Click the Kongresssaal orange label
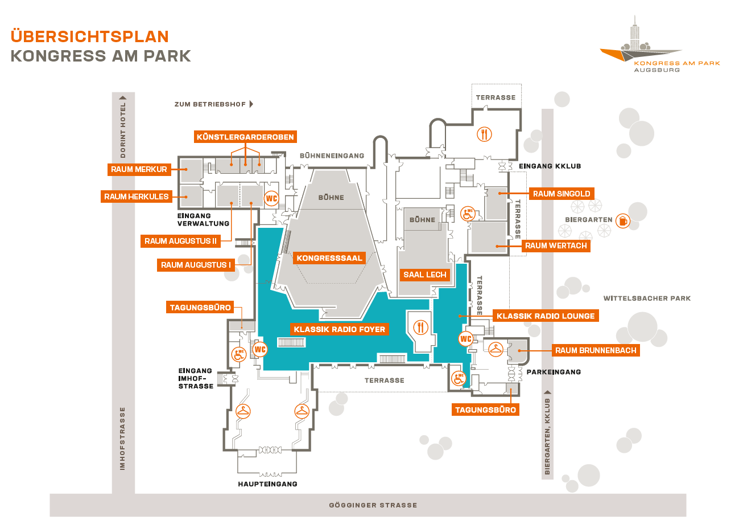coord(329,258)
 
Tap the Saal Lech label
coord(424,275)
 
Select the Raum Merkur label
coord(139,169)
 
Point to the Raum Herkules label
coord(137,197)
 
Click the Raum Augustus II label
coord(180,241)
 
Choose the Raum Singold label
coord(561,194)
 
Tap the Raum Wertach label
coord(556,245)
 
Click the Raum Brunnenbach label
coord(596,350)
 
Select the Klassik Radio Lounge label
coord(545,316)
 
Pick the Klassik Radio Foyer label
coord(339,329)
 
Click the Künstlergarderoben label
coord(245,137)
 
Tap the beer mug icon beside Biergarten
coord(623,220)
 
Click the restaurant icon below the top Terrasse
coord(484,134)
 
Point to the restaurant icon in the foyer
coord(421,327)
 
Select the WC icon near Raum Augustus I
coord(272,199)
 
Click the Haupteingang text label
coord(267,484)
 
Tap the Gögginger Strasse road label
coord(373,505)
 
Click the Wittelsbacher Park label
coord(647,298)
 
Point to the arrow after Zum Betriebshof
coord(251,104)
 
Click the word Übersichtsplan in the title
coord(90,36)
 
